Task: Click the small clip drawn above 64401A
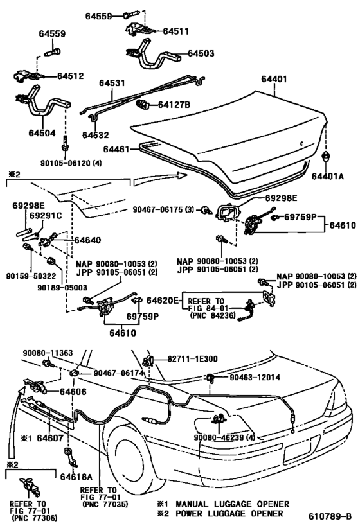coord(327,157)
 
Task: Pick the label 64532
coord(95,136)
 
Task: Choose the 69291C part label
coord(46,215)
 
